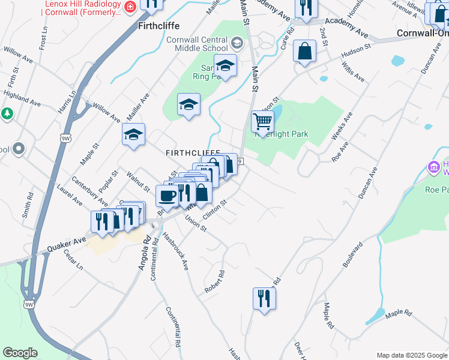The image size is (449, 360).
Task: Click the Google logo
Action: [x=20, y=353]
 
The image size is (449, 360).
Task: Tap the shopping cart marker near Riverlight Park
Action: [x=262, y=121]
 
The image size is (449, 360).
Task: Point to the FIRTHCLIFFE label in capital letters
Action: [x=193, y=154]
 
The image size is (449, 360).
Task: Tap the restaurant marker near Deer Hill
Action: [x=264, y=299]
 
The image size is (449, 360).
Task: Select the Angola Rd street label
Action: [x=143, y=253]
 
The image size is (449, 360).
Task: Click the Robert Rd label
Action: [x=214, y=281]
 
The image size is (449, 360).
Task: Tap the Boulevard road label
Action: [x=354, y=254]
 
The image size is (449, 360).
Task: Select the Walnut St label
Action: [x=139, y=181]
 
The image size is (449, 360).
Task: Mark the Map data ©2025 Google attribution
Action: [x=411, y=355]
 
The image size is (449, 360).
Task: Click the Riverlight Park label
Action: [x=282, y=134]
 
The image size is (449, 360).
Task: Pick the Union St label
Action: [x=196, y=226]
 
